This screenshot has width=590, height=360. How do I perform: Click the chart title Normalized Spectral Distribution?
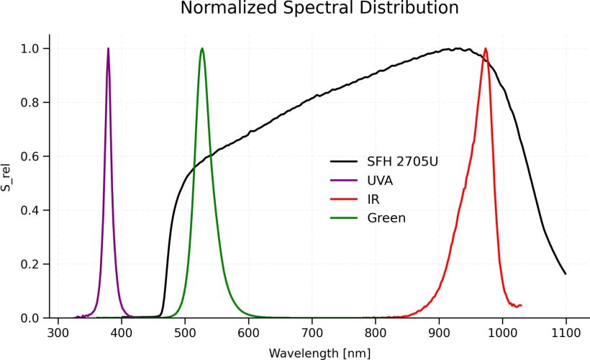(319, 9)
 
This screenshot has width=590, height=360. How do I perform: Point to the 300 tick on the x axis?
(58, 333)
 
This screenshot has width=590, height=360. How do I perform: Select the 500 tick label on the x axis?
(185, 333)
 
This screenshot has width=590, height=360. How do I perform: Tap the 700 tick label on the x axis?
(312, 333)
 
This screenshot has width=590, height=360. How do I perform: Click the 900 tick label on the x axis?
(439, 333)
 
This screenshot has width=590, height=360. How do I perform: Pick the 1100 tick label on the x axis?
(566, 333)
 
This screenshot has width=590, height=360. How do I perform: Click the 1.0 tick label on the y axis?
(31, 48)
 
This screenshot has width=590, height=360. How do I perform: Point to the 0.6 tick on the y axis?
(31, 156)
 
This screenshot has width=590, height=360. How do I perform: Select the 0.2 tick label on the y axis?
(31, 264)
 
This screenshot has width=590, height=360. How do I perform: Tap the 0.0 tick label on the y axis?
(31, 318)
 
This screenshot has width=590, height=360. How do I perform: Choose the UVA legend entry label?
(380, 180)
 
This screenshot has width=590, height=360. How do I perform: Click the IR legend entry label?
(373, 199)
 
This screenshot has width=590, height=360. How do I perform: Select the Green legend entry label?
(386, 217)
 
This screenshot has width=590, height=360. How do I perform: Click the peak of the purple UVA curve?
(109, 48)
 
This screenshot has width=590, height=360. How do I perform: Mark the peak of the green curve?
(202, 48)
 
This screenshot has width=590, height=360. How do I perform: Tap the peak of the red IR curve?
(486, 48)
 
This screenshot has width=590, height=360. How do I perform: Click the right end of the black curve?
(566, 274)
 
